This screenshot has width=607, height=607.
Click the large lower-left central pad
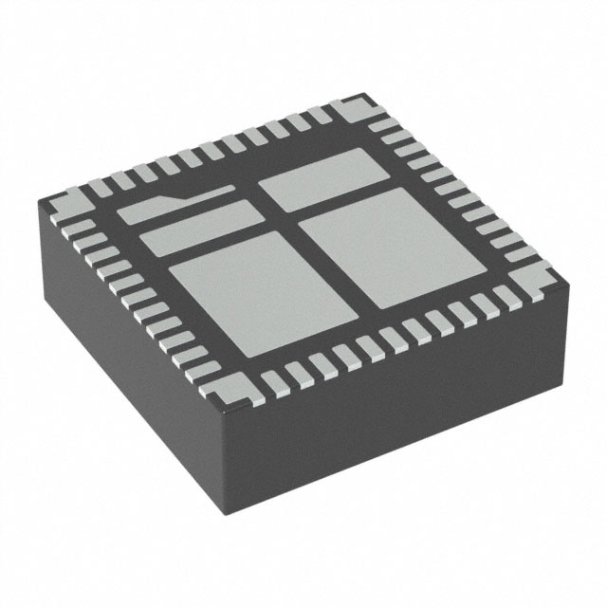[238, 289]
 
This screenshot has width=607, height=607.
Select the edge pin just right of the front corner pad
[276, 382]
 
